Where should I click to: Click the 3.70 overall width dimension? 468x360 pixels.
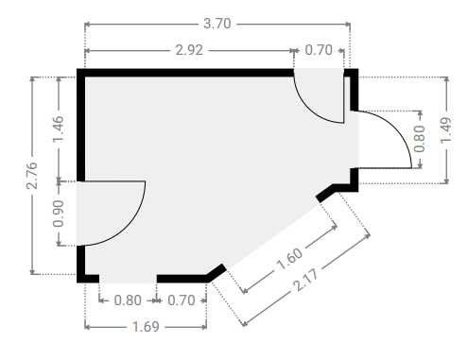tap(217, 24)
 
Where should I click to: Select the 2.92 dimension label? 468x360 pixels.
tap(189, 50)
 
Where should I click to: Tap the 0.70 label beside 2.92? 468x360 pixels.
tap(319, 50)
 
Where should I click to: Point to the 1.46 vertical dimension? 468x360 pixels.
tap(59, 129)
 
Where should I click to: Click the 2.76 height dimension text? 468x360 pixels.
tap(32, 176)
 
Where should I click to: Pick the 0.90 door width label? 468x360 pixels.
tap(59, 214)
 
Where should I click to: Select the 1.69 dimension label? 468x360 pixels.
tap(146, 327)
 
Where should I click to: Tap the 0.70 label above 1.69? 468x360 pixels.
tap(182, 300)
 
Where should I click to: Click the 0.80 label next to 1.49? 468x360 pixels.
tap(420, 139)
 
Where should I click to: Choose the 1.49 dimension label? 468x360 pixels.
tap(446, 130)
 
